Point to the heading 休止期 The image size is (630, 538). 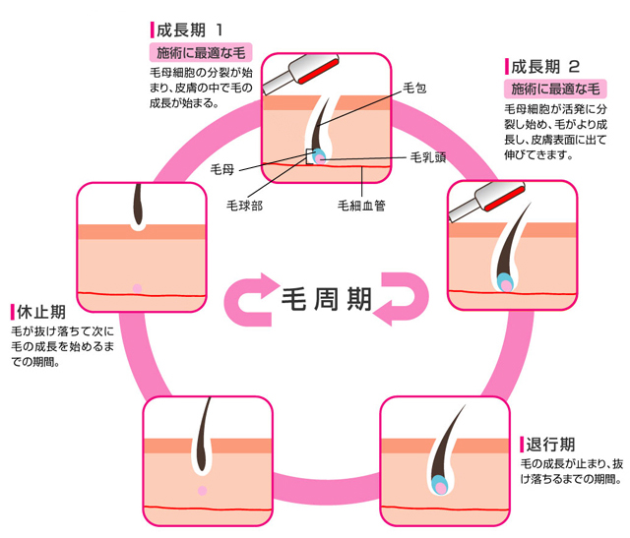(x=37, y=312)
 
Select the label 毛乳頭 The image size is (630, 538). (x=434, y=157)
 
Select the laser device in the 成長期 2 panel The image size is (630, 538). (x=489, y=201)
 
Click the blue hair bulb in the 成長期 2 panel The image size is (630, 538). (x=506, y=281)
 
